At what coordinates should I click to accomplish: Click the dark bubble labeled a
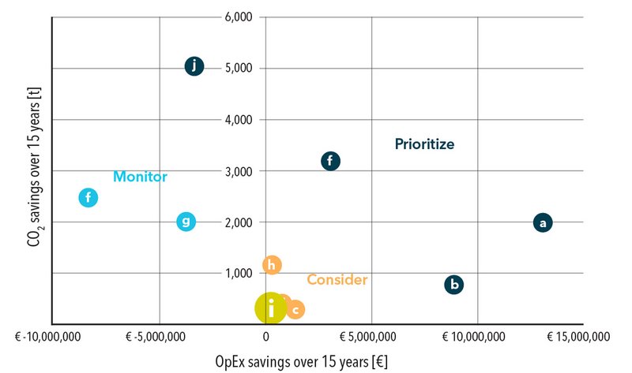pyautogui.click(x=542, y=222)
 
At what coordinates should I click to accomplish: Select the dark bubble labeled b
pyautogui.click(x=453, y=285)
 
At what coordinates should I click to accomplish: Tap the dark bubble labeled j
pyautogui.click(x=194, y=66)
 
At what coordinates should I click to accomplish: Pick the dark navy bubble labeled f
pyautogui.click(x=330, y=161)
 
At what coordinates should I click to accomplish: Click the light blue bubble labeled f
pyautogui.click(x=88, y=198)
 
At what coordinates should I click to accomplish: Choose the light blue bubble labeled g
pyautogui.click(x=186, y=222)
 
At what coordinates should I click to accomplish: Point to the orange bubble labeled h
pyautogui.click(x=272, y=265)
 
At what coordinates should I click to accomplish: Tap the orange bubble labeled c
pyautogui.click(x=295, y=310)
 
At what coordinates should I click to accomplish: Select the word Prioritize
pyautogui.click(x=425, y=144)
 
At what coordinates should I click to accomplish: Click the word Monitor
pyautogui.click(x=140, y=177)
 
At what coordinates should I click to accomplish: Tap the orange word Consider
pyautogui.click(x=337, y=280)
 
